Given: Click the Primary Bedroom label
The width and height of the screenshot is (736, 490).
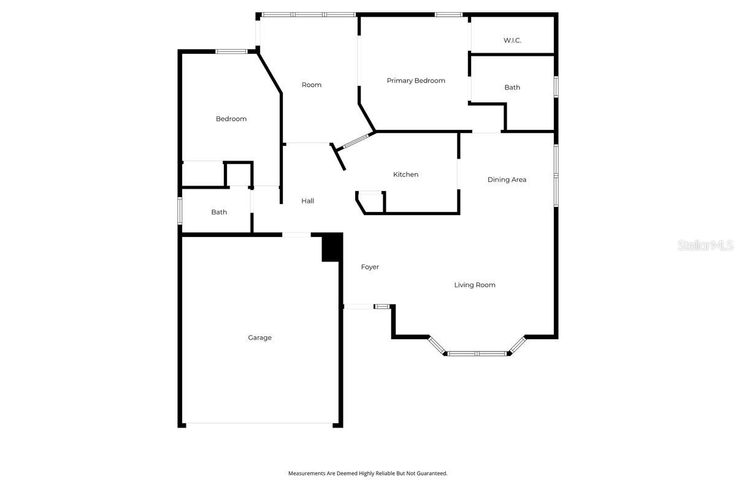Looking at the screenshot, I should click(416, 81).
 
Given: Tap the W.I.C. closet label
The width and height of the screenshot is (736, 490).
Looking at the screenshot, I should click(512, 40).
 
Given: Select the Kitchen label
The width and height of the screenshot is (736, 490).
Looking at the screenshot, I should click(405, 175).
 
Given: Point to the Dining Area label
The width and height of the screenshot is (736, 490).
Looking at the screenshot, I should click(507, 179).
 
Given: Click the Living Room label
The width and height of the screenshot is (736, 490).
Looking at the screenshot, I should click(475, 285).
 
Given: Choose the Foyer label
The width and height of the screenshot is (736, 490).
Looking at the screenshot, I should click(370, 267).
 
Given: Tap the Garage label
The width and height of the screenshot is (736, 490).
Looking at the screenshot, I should click(259, 337).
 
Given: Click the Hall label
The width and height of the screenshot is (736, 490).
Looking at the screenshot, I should click(307, 201).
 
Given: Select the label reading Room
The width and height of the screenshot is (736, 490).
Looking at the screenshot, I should click(312, 85).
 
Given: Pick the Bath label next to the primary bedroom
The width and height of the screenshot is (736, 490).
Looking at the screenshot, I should click(512, 88).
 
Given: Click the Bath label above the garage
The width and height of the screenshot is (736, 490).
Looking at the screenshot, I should click(219, 213).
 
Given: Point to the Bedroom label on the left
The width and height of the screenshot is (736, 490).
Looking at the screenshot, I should click(231, 119).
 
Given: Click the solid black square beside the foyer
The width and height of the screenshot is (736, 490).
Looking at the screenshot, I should click(332, 247).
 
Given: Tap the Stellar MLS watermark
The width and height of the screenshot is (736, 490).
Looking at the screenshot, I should click(705, 246).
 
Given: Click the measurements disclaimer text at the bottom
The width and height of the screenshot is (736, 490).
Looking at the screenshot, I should click(368, 473).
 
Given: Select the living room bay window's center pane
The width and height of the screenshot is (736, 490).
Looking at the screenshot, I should click(478, 353).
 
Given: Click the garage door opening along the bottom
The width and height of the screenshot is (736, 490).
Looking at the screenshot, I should click(259, 423).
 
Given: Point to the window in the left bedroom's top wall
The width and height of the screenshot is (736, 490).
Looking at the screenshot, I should click(231, 51).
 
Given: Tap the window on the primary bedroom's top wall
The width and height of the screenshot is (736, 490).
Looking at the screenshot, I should click(448, 14).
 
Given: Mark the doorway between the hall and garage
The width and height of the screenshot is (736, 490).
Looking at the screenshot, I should click(296, 234).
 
